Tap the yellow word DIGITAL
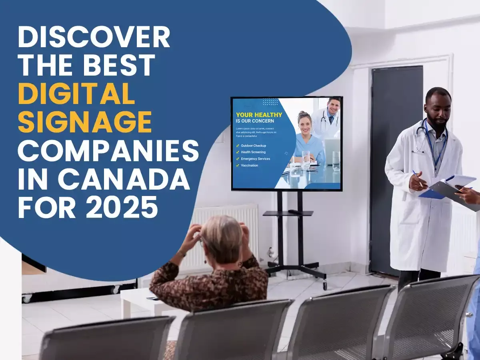pyautogui.click(x=76, y=95)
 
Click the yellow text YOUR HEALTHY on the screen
pyautogui.click(x=259, y=115)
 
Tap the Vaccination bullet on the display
pyautogui.click(x=249, y=165)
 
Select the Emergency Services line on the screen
pyautogui.click(x=255, y=159)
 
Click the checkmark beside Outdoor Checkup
pyautogui.click(x=238, y=146)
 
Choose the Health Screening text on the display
pyautogui.click(x=253, y=152)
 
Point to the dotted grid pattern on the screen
pyautogui.click(x=270, y=102)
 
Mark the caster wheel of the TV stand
pyautogui.click(x=325, y=285)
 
